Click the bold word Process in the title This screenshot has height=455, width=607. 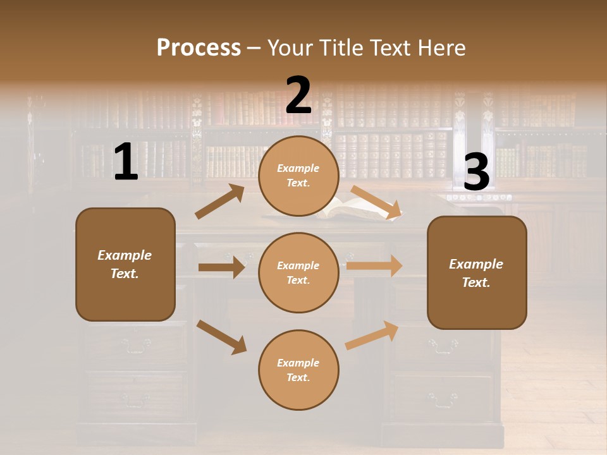click(x=199, y=47)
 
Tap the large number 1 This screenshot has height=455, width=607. click(x=126, y=162)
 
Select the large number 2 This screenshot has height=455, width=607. click(x=298, y=95)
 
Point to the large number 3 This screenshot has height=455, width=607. click(x=476, y=172)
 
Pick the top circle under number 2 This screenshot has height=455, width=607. click(x=298, y=176)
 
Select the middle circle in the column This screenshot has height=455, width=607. click(x=298, y=272)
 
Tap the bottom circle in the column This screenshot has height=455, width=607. click(x=298, y=370)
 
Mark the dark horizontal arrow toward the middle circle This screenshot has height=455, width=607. click(x=222, y=267)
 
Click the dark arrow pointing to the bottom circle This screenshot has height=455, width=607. click(x=222, y=336)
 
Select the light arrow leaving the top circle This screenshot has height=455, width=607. click(x=376, y=202)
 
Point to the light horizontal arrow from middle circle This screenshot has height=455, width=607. click(x=374, y=266)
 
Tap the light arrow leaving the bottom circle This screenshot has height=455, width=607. click(x=372, y=335)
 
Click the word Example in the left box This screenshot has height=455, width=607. click(x=125, y=255)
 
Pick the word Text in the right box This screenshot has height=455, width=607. click(x=475, y=282)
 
